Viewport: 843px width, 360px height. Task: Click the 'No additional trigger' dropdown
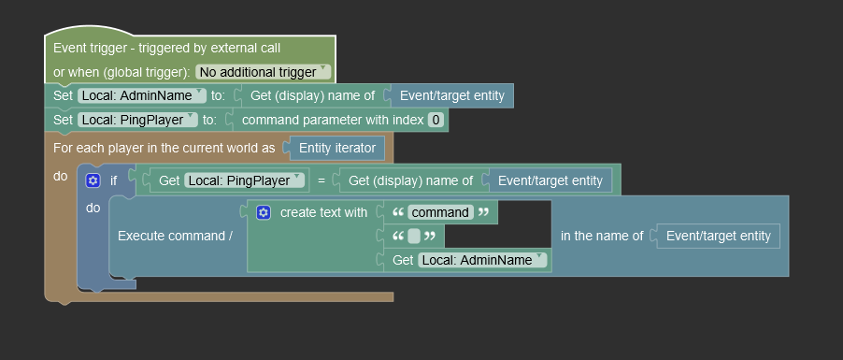tap(264, 72)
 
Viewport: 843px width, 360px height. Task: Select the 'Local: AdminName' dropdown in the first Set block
tap(141, 95)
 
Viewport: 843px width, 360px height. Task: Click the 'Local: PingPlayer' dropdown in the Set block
tap(137, 120)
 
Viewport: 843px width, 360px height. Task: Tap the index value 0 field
tap(436, 120)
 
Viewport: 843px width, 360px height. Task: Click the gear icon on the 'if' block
tap(93, 180)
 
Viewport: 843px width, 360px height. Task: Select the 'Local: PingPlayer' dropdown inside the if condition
tap(246, 180)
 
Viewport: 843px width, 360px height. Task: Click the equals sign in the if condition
tap(321, 180)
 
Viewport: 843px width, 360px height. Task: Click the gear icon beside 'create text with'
tap(264, 212)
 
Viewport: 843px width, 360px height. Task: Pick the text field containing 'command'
tap(440, 212)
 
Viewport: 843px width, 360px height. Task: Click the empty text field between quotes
tap(414, 236)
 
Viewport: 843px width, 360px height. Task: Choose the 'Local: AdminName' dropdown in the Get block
tap(481, 260)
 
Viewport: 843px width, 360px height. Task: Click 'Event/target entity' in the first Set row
tap(451, 95)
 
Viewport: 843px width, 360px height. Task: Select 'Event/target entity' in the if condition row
tap(550, 180)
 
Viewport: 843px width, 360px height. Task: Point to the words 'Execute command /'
tap(175, 236)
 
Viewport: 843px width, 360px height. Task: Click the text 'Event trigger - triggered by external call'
tap(166, 48)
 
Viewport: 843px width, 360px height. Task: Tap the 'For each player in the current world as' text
tap(164, 148)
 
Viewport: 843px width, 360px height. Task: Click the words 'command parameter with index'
tap(331, 120)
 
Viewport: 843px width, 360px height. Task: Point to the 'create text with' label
tap(323, 212)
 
